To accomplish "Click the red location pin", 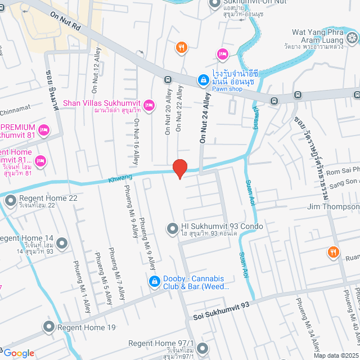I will (x=179, y=168).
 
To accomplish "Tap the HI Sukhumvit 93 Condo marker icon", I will (x=172, y=228).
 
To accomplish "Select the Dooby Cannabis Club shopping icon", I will (x=153, y=280).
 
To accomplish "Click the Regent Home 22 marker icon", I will (x=10, y=200).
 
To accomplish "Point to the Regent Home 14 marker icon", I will (x=62, y=244).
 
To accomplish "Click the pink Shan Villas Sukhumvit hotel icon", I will (x=149, y=104).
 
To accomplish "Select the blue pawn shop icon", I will (x=202, y=81).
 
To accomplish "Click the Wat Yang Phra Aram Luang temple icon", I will (x=352, y=38).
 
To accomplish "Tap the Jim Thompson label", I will (x=333, y=207).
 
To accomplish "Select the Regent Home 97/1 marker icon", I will (x=201, y=347).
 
